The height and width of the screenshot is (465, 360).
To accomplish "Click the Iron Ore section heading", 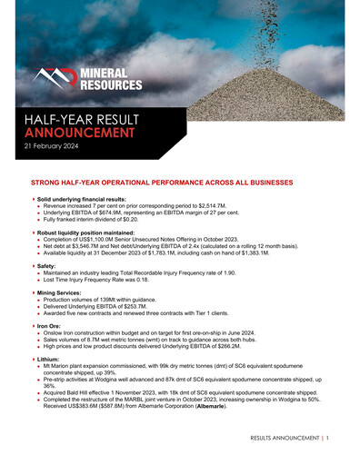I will pyautogui.click(x=51, y=325).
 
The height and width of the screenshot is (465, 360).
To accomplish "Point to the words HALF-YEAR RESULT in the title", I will pyautogui.click(x=77, y=118).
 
